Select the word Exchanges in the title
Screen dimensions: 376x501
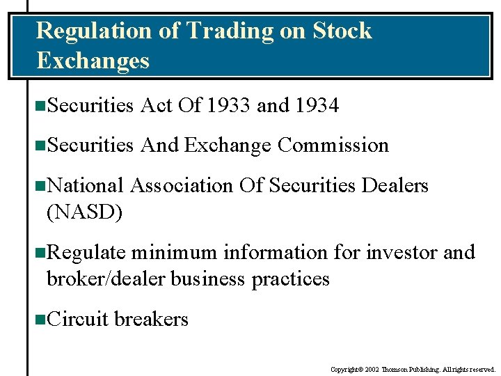(93, 61)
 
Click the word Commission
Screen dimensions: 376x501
(333, 146)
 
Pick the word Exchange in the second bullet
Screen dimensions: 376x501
(228, 146)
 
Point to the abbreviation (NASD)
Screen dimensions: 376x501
(84, 212)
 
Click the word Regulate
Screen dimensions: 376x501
(86, 253)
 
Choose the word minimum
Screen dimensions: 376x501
(174, 253)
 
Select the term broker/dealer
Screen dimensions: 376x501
(106, 279)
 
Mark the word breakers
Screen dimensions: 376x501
(151, 320)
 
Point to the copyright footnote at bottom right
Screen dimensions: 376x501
(413, 370)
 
